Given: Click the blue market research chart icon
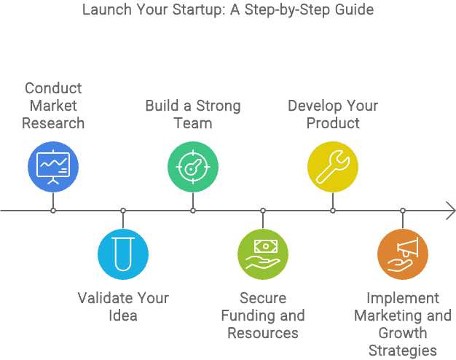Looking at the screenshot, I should pyautogui.click(x=53, y=167).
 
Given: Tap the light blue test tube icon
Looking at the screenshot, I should pyautogui.click(x=123, y=254).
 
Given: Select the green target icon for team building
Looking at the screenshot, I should pyautogui.click(x=193, y=167).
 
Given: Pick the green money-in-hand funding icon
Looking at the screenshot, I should pyautogui.click(x=263, y=254).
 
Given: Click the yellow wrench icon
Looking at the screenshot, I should pyautogui.click(x=333, y=167).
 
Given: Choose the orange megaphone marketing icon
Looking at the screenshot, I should pyautogui.click(x=403, y=254).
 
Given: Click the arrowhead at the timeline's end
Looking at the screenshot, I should pyautogui.click(x=451, y=211).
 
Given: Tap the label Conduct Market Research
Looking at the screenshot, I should pyautogui.click(x=53, y=106).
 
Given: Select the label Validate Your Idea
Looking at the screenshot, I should pyautogui.click(x=123, y=307).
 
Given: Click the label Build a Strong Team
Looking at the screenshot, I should pyautogui.click(x=193, y=114).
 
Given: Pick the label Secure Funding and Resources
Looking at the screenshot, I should pyautogui.click(x=263, y=316).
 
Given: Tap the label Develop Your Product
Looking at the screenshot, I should pyautogui.click(x=333, y=114).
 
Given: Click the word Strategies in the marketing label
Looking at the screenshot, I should pyautogui.click(x=403, y=351).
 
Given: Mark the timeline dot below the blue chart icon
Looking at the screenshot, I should pyautogui.click(x=53, y=211).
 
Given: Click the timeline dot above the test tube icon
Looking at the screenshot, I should pyautogui.click(x=123, y=211).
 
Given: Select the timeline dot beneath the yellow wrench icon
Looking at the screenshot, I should pyautogui.click(x=333, y=211).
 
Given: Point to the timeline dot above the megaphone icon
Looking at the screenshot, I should pyautogui.click(x=403, y=211).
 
